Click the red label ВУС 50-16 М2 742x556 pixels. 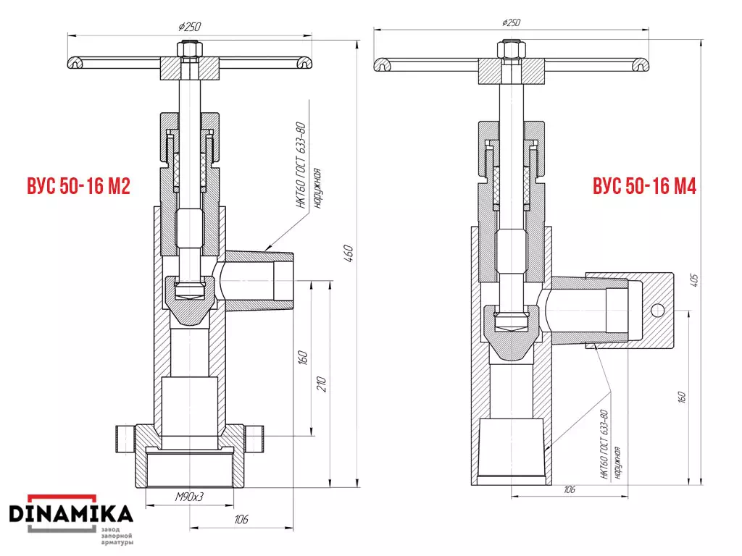point(78,186)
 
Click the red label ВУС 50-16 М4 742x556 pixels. point(644,186)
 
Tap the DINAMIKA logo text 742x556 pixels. point(71,514)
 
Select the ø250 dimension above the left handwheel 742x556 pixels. point(190,27)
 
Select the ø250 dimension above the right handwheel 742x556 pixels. point(511,22)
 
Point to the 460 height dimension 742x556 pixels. point(349,253)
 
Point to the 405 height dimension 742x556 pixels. point(694,280)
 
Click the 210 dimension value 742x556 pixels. point(321,384)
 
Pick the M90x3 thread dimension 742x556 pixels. point(189,497)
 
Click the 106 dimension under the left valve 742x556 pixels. point(241,519)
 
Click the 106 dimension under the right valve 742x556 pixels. point(570,489)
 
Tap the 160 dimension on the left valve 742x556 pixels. point(303,358)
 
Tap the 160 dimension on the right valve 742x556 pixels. point(681,397)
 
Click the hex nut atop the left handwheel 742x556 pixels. point(191,49)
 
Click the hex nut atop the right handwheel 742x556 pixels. point(511,50)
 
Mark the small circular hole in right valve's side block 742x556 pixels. point(658,311)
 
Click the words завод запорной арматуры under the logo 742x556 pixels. point(117,536)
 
